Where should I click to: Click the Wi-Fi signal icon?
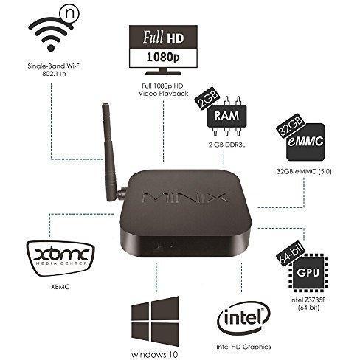51,36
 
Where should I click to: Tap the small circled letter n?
72,14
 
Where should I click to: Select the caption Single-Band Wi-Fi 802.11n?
55,69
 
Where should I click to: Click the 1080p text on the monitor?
163,57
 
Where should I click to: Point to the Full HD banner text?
163,37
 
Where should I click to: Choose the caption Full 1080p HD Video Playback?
164,89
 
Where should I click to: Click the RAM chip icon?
226,116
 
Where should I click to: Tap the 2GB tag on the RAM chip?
207,98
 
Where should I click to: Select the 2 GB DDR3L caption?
226,145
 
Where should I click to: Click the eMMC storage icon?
305,142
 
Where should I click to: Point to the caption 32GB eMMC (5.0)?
304,171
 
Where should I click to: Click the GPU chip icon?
308,272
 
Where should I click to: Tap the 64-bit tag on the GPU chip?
291,254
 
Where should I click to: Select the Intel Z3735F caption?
309,303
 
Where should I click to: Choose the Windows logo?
155,322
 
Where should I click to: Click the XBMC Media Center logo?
60,258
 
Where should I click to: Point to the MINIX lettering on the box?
184,198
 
